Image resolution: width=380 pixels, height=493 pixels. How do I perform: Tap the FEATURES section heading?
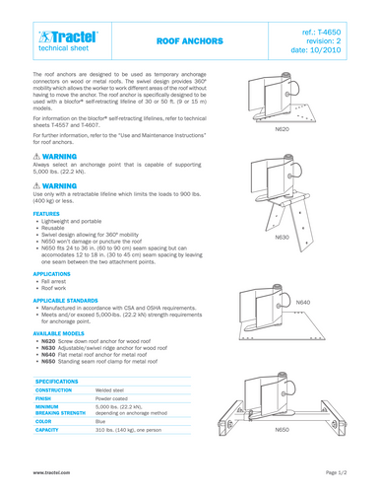click(48, 212)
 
